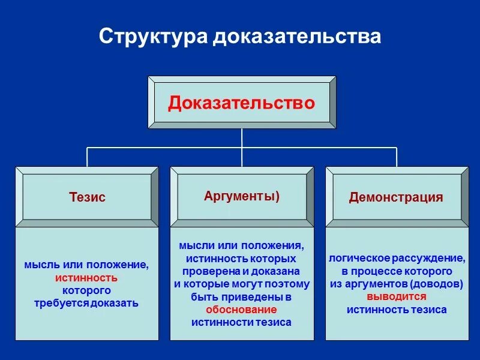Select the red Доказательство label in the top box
(241, 103)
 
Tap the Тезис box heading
(87, 197)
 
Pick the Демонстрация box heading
(396, 197)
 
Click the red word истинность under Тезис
(86, 278)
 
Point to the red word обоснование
(241, 310)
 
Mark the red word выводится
(397, 296)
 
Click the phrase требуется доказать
(86, 303)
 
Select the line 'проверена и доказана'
(241, 271)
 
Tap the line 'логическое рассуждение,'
(397, 259)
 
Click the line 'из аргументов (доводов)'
(397, 284)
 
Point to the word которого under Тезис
(86, 290)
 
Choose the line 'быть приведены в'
(241, 297)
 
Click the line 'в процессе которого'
(397, 271)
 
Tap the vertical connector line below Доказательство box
(242, 138)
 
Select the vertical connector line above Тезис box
(87, 157)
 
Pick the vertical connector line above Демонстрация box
(397, 157)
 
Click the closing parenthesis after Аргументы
(277, 196)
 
